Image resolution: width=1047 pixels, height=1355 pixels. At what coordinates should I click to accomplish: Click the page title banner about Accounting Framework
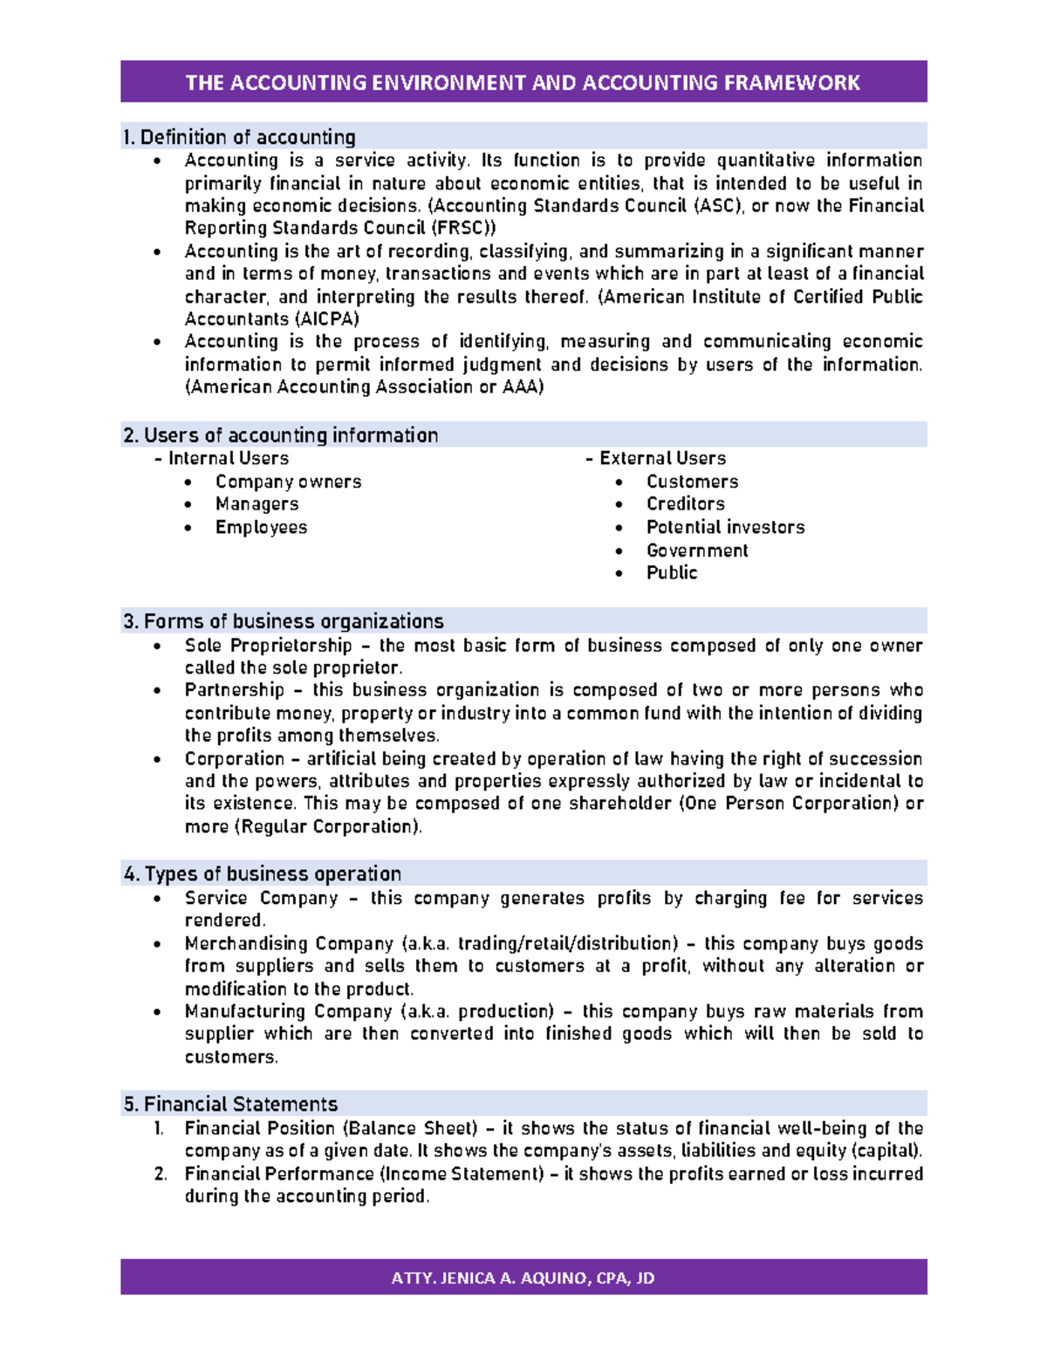pyautogui.click(x=523, y=83)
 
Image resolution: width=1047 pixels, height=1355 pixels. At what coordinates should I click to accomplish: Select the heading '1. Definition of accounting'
pyautogui.click(x=239, y=137)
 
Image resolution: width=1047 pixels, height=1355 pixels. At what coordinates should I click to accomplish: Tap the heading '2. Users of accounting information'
pyautogui.click(x=281, y=435)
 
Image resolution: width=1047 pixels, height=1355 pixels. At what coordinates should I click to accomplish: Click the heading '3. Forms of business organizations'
pyautogui.click(x=284, y=621)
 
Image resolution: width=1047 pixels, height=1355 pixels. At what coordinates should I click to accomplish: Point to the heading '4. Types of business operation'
pyautogui.click(x=263, y=874)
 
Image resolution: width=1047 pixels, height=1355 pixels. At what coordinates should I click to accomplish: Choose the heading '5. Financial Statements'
pyautogui.click(x=230, y=1104)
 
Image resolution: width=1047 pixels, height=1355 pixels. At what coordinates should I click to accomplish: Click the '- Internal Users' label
pyautogui.click(x=221, y=459)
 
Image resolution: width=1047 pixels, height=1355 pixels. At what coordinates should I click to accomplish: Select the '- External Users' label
pyautogui.click(x=655, y=459)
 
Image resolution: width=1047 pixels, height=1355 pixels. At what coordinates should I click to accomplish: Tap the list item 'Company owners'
pyautogui.click(x=288, y=482)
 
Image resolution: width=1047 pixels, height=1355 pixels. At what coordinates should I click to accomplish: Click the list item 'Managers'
pyautogui.click(x=257, y=504)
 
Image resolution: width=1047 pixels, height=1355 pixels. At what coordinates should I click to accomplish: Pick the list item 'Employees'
pyautogui.click(x=261, y=527)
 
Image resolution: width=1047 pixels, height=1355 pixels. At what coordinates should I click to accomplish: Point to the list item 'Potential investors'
pyautogui.click(x=725, y=527)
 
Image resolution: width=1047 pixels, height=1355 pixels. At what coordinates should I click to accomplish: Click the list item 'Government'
pyautogui.click(x=697, y=551)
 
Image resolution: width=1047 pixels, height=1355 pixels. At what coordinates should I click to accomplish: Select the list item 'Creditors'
pyautogui.click(x=685, y=504)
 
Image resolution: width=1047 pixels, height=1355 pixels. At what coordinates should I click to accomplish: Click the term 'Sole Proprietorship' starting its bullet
pyautogui.click(x=268, y=646)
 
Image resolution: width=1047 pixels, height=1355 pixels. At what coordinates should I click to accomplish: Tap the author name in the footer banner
pyautogui.click(x=523, y=1278)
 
